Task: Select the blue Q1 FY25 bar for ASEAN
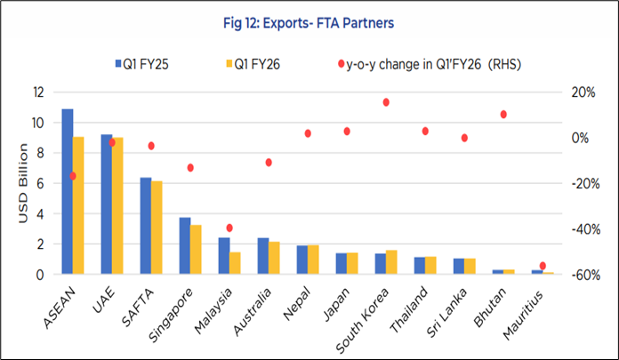point(67,191)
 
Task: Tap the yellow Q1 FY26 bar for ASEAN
point(78,205)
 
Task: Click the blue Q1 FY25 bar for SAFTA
point(146,226)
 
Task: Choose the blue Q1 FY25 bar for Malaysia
point(223,255)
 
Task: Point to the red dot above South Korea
point(386,102)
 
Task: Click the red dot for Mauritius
point(543,266)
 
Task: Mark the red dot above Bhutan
point(503,115)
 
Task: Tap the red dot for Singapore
point(190,168)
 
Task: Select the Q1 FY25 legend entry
point(143,63)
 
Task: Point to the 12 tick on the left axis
point(38,92)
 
